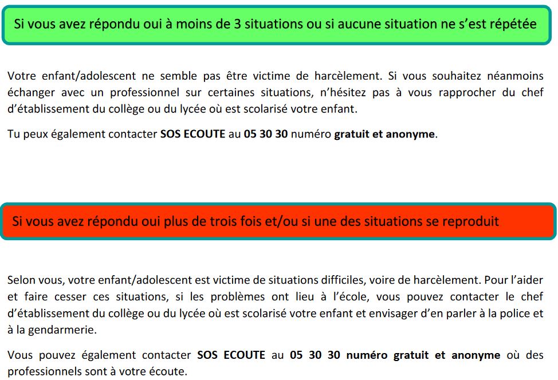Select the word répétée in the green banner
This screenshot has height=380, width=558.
coord(512,24)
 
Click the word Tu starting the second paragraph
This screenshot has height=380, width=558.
coord(13,135)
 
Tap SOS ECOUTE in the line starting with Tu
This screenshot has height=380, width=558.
coord(192,135)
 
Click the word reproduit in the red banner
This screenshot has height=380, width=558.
coord(472,221)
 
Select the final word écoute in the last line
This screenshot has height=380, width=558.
coord(170,371)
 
